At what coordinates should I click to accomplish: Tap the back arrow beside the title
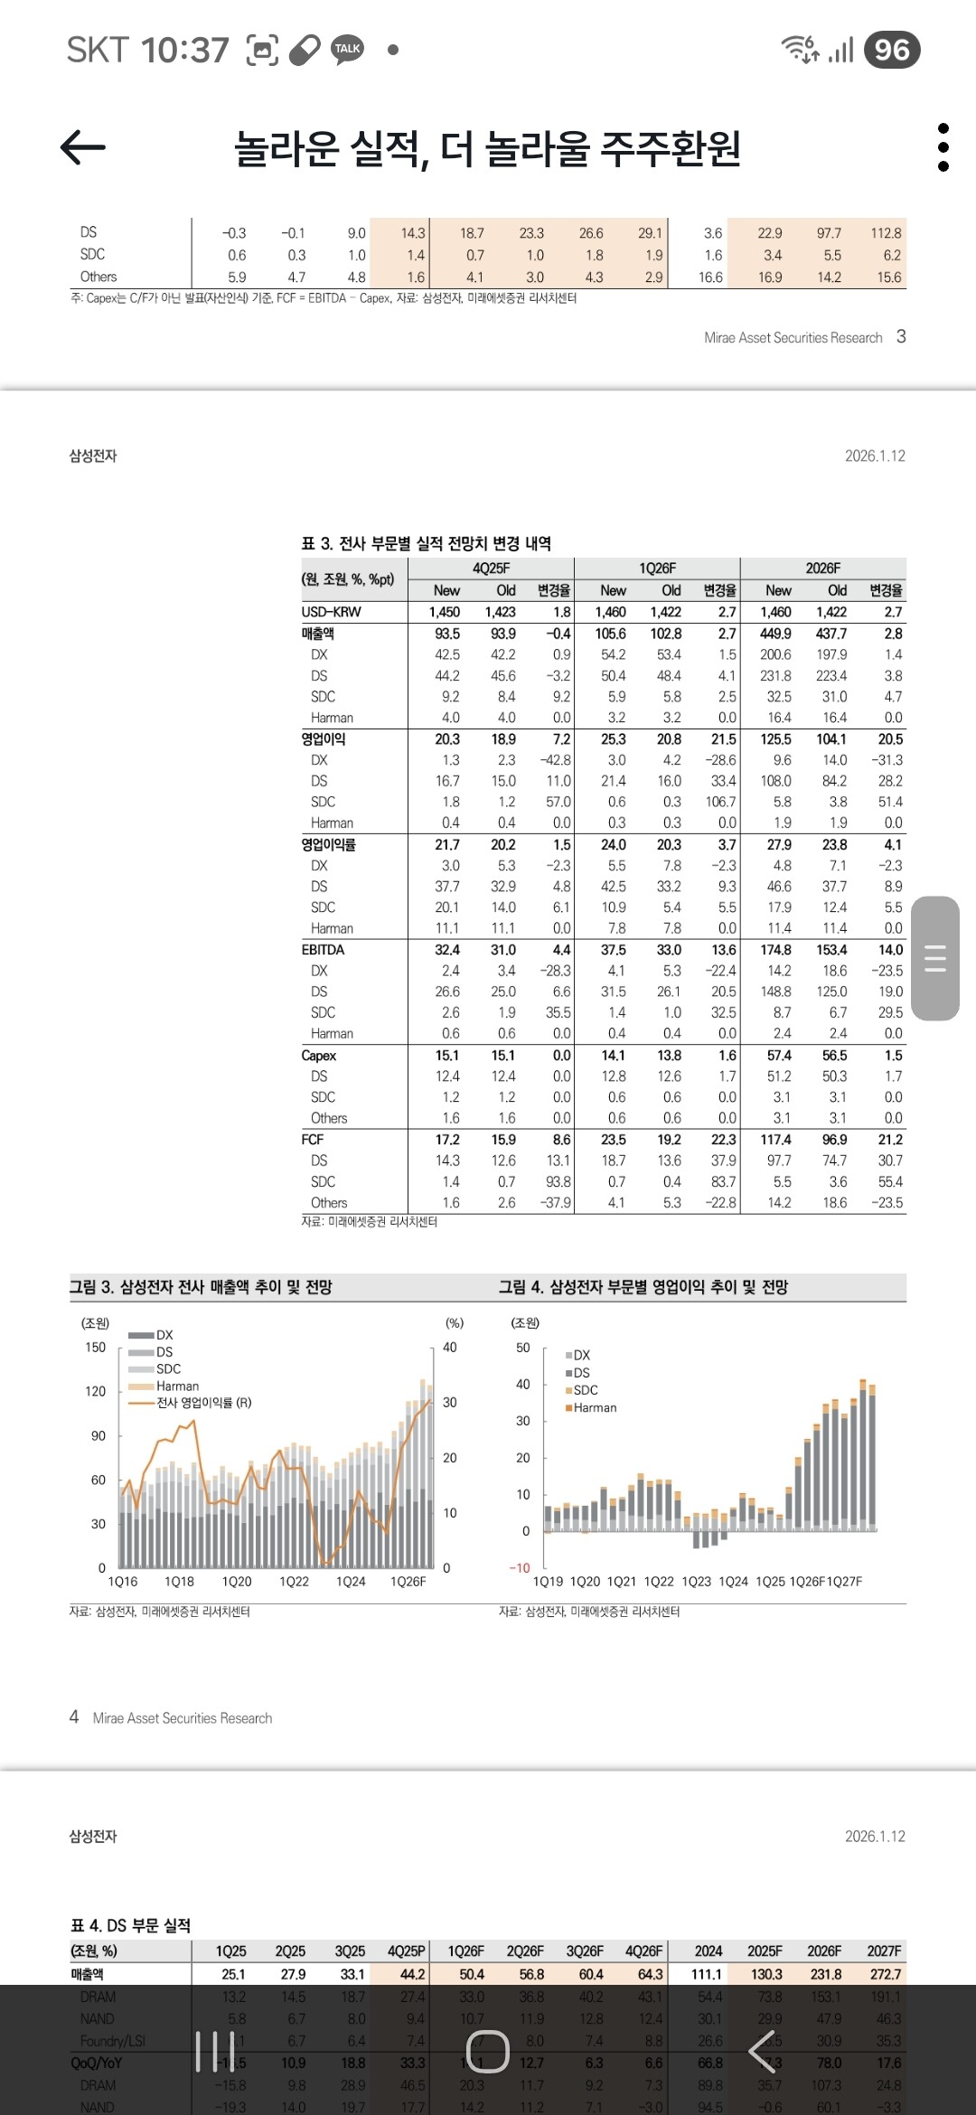click(x=83, y=147)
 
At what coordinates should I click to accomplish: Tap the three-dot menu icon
click(x=943, y=147)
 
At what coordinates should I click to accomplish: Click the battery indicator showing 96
click(x=892, y=50)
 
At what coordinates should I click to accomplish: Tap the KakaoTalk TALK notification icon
click(x=347, y=49)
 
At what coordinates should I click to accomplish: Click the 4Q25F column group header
click(x=491, y=568)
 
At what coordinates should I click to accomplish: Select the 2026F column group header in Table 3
click(x=822, y=568)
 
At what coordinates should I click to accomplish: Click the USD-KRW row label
click(x=331, y=612)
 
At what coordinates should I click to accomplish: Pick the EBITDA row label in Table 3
click(x=323, y=949)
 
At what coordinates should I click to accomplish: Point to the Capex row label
click(x=318, y=1055)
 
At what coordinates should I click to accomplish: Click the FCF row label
click(x=312, y=1139)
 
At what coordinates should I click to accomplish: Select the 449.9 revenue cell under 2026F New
click(x=775, y=634)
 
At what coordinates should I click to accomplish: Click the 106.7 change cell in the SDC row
click(x=720, y=802)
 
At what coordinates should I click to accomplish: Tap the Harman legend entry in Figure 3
click(x=177, y=1386)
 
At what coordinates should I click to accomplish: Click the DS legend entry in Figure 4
click(x=581, y=1372)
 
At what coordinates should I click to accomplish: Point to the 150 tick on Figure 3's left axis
click(x=95, y=1347)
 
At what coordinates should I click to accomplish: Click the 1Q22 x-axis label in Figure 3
click(x=294, y=1581)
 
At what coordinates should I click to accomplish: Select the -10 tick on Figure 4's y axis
click(x=520, y=1567)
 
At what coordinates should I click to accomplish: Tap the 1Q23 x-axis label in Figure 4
click(x=696, y=1581)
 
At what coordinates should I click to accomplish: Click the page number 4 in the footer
click(x=74, y=1716)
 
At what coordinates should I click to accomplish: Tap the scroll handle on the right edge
click(x=935, y=958)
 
